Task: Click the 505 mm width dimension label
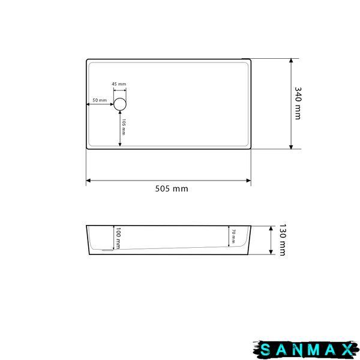tap(172, 189)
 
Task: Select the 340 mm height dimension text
tap(298, 103)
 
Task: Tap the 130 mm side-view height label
tap(282, 240)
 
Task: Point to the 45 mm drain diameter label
tap(119, 84)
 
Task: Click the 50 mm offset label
tap(100, 100)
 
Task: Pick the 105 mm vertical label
tap(124, 127)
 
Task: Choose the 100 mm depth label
tap(118, 238)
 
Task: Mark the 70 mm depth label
tap(233, 236)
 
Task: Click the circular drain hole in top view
tap(120, 104)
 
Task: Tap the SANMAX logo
tap(306, 350)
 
